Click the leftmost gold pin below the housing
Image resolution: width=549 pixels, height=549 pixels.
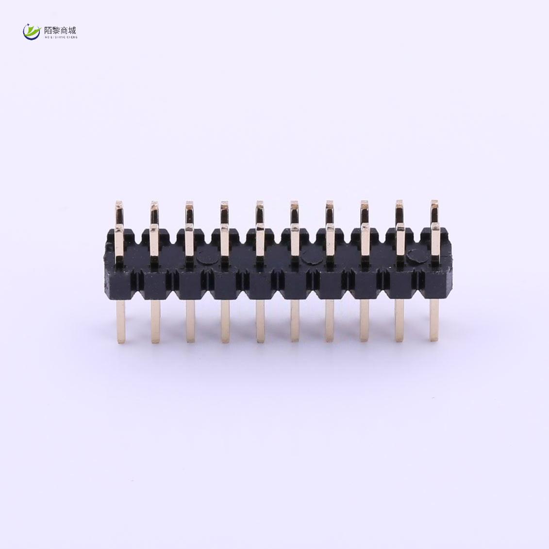120,320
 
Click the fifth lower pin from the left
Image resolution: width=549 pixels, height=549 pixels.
260,320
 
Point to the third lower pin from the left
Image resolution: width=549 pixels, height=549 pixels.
190,320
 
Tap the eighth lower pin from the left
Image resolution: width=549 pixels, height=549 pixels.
365,320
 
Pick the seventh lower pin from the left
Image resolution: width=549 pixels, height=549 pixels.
330,320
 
